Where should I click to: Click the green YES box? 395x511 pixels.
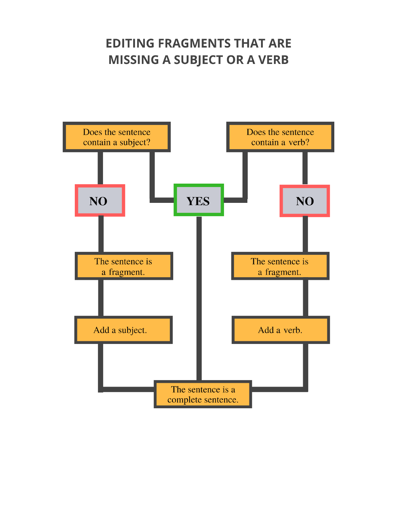click(x=198, y=200)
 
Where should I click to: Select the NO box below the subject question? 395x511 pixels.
click(x=100, y=201)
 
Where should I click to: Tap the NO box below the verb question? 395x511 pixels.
click(x=305, y=201)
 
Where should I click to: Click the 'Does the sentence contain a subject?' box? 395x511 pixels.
click(x=117, y=137)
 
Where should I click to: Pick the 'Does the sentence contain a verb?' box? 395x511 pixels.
click(x=280, y=137)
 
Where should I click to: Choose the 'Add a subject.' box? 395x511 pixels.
click(x=123, y=330)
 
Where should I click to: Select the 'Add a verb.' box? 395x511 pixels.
click(x=280, y=330)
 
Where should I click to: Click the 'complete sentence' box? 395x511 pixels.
click(x=203, y=394)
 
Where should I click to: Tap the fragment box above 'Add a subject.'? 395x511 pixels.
click(x=124, y=266)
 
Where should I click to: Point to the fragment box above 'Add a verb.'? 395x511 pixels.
click(x=280, y=266)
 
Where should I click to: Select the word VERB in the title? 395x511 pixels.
click(x=273, y=60)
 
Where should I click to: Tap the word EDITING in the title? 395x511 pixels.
click(x=130, y=43)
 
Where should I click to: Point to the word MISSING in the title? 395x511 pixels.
click(x=134, y=60)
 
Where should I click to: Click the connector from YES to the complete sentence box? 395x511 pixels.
click(x=199, y=297)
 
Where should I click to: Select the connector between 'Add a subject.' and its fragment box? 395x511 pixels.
click(x=101, y=298)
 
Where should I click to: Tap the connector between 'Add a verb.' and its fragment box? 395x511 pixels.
click(x=305, y=298)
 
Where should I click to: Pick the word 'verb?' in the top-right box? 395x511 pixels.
click(x=299, y=142)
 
